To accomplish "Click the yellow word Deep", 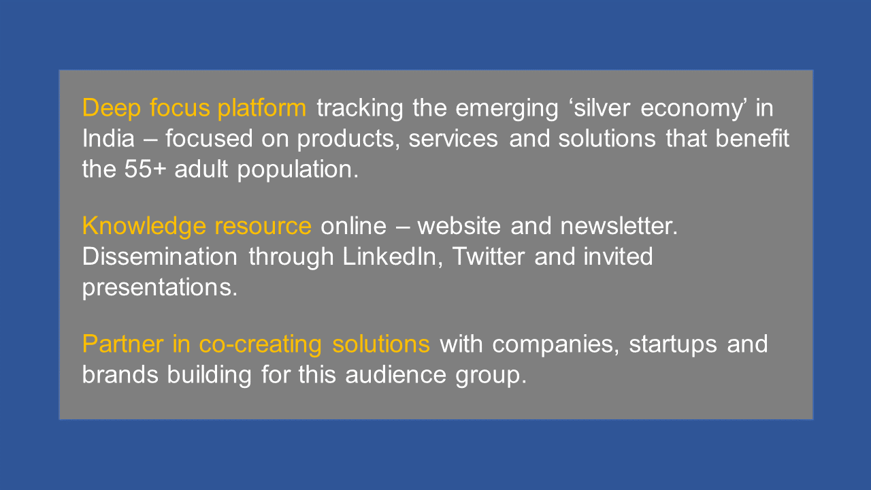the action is coord(111,108).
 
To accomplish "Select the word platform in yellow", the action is coord(262,108).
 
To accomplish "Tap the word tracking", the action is coord(360,108).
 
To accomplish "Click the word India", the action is coord(108,138).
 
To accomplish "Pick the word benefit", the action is coord(753,138).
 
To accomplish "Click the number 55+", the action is coord(146,169).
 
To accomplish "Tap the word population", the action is coord(298,170).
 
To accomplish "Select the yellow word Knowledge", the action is coord(144,227).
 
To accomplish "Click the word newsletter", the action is coord(619,226).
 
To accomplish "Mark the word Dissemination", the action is coord(160,257).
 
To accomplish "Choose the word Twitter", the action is coord(489,257).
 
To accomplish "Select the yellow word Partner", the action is coord(123,344).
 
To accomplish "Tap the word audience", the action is coord(395,375).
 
